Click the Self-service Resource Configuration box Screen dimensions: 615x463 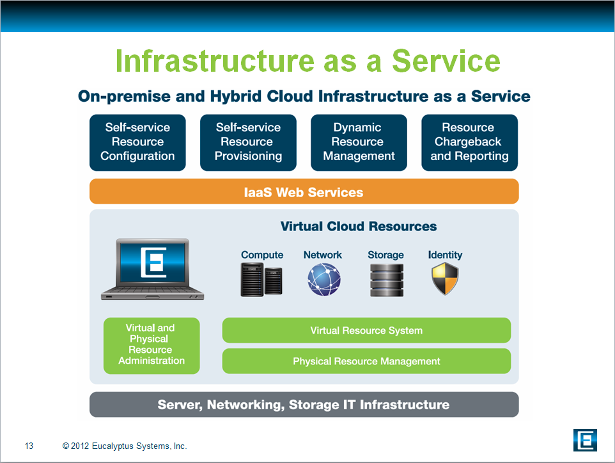point(137,143)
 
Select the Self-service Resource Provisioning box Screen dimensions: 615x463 point(248,143)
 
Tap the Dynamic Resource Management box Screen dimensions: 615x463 point(359,143)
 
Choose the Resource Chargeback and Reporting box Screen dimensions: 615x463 point(469,143)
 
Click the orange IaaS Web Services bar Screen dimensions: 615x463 point(304,191)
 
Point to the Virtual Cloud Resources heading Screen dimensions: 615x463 point(359,227)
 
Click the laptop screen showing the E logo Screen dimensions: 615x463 point(153,262)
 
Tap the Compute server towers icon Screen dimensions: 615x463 point(261,279)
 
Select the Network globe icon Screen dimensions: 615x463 point(324,279)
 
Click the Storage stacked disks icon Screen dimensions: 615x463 point(386,280)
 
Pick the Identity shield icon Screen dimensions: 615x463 point(445,279)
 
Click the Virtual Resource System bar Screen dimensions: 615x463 point(366,330)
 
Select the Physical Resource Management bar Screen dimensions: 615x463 point(366,361)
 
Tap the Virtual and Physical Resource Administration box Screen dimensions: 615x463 point(152,346)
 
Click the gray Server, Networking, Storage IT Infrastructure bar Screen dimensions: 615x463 point(304,405)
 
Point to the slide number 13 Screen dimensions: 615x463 point(29,446)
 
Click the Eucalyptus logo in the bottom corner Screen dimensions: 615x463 point(585,440)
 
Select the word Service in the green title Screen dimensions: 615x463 point(446,61)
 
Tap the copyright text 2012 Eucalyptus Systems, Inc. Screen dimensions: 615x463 point(124,446)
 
